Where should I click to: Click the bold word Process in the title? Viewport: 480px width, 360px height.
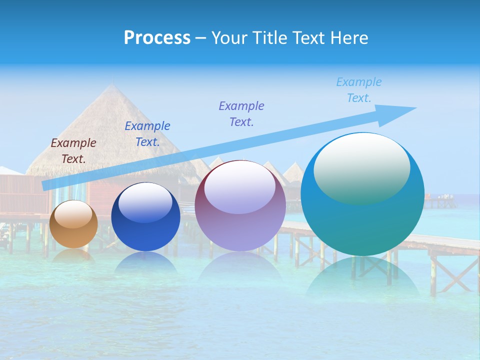click(157, 38)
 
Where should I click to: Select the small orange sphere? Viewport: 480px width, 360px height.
click(73, 224)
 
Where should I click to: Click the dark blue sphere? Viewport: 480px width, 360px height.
click(145, 217)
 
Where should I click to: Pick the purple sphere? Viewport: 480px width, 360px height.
click(240, 205)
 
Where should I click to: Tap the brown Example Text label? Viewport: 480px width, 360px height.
click(73, 150)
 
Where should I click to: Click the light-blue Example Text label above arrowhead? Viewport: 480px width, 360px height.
click(358, 90)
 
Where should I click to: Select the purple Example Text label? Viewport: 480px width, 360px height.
click(241, 113)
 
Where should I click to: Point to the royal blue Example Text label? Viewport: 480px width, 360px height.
click(147, 133)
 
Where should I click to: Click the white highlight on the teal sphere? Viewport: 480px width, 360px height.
click(362, 167)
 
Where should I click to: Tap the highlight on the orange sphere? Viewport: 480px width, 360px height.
click(73, 214)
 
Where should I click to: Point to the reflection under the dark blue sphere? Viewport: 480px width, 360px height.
click(145, 262)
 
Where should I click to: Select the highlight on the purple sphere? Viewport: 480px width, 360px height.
click(240, 187)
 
